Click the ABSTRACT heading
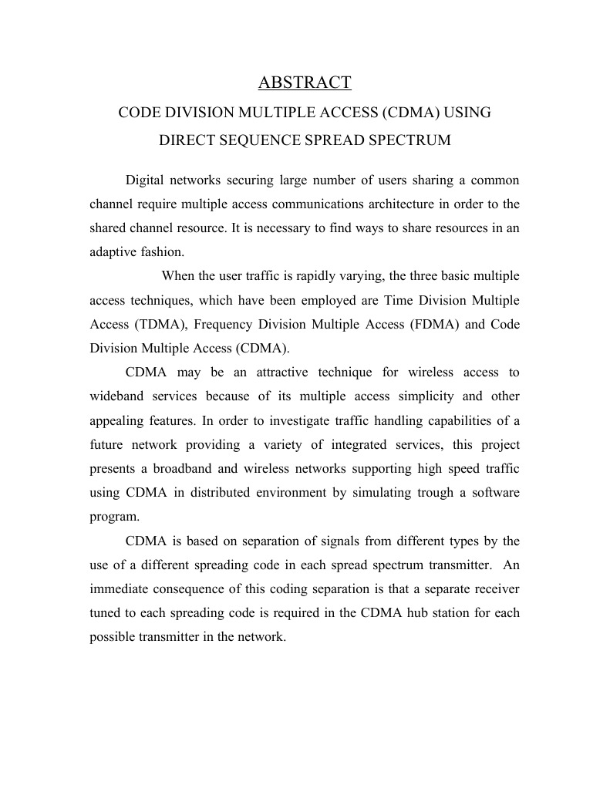(305, 83)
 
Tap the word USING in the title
(466, 113)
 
